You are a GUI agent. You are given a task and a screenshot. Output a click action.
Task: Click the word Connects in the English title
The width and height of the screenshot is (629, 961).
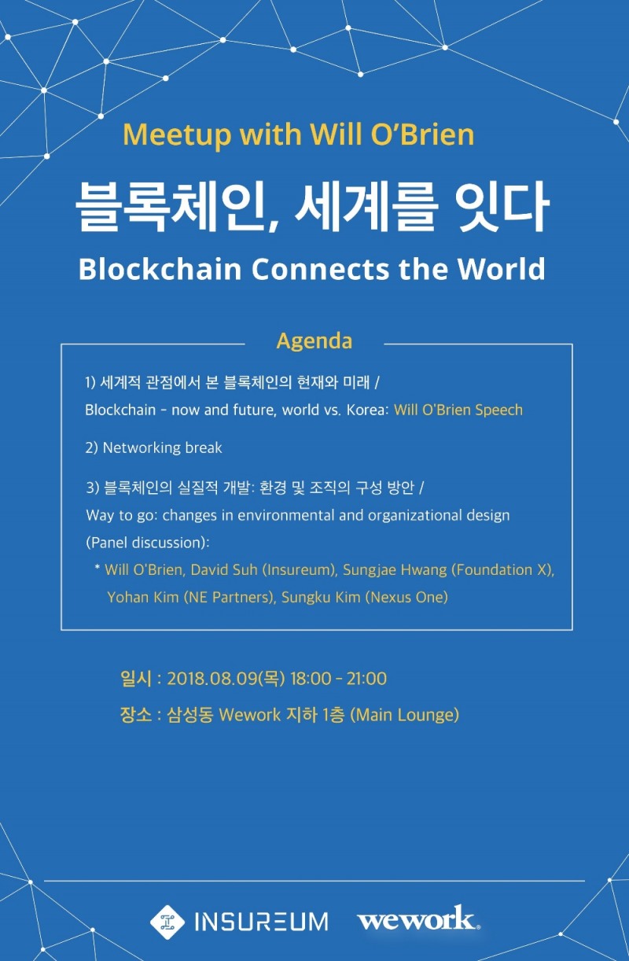pyautogui.click(x=324, y=269)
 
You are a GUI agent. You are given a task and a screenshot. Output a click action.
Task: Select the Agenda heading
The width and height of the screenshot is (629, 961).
pyautogui.click(x=314, y=341)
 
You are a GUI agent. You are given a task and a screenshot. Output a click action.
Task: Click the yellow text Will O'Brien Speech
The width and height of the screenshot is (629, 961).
pyautogui.click(x=458, y=410)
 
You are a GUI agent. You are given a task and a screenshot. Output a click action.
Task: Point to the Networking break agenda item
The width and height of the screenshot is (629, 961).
pyautogui.click(x=154, y=447)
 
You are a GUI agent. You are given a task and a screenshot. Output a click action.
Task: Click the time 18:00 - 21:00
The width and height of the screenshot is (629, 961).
pyautogui.click(x=338, y=679)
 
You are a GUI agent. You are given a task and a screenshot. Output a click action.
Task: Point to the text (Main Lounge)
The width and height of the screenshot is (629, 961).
pyautogui.click(x=404, y=715)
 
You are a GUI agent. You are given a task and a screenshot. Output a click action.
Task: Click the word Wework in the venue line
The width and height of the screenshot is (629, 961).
pyautogui.click(x=250, y=715)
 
